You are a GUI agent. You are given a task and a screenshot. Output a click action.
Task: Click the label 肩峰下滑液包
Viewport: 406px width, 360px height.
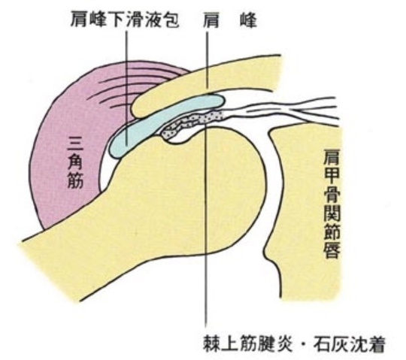tap(125, 21)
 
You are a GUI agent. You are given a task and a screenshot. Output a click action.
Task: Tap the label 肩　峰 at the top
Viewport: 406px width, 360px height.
tap(229, 21)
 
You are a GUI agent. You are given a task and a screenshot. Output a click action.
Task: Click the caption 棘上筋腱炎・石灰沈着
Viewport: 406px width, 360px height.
tap(294, 343)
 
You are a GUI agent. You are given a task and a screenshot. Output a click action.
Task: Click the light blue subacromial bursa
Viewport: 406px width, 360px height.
tap(161, 122)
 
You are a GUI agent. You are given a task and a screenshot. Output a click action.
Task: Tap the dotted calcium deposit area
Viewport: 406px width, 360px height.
tap(192, 123)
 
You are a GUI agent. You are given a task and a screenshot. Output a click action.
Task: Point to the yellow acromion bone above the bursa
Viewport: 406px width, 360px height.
tap(202, 86)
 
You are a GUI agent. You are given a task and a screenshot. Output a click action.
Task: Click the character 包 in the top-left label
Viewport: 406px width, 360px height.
tap(171, 21)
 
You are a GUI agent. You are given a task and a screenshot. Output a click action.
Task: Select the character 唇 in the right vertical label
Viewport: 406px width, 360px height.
tap(332, 250)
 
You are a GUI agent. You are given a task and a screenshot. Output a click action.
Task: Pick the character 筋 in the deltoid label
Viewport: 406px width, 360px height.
tap(75, 180)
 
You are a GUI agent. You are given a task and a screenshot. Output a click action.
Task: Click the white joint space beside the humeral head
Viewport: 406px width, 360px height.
tap(269, 181)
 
